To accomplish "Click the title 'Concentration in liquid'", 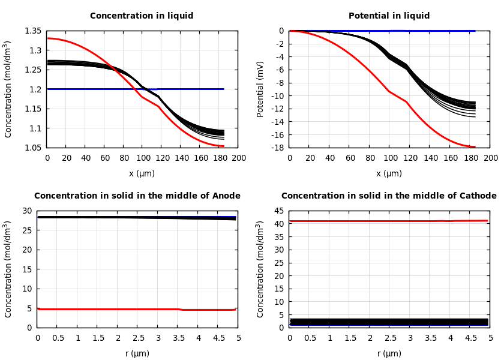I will (142, 16).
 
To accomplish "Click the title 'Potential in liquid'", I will (389, 16).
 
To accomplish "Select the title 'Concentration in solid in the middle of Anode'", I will (137, 196).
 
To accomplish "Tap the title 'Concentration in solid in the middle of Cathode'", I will (389, 196).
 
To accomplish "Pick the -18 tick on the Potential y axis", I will (277, 148).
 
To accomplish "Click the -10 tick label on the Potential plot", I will (277, 96).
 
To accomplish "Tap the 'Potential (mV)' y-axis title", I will (260, 89).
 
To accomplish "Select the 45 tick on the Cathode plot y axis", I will (278, 211).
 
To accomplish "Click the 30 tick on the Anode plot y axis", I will (26, 211).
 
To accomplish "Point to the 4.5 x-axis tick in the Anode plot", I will (218, 338).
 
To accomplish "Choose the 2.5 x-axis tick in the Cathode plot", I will (389, 338).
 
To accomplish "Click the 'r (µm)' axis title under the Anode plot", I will (137, 353).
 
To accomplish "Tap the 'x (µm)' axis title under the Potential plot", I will (389, 173).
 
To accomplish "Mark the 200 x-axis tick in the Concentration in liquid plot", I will (239, 158).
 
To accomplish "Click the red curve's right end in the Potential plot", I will (474, 146).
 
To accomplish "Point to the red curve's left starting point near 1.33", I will (48, 38).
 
